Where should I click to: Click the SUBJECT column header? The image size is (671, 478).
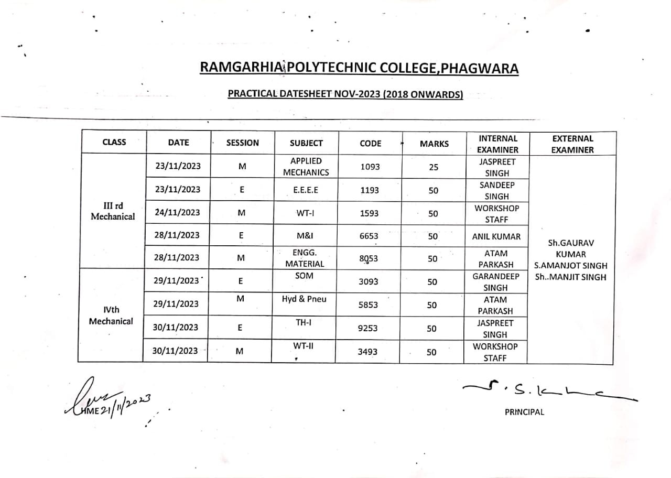[x=306, y=143]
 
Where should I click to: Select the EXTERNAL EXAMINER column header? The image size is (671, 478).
[x=572, y=144]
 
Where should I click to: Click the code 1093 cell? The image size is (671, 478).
[x=370, y=167]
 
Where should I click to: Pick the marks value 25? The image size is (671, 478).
[x=433, y=167]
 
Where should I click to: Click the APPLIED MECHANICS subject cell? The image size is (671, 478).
[x=306, y=167]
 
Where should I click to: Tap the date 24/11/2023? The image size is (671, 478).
[x=177, y=212]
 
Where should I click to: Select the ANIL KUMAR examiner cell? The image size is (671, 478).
[x=496, y=236]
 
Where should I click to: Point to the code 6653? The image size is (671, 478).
[x=369, y=236]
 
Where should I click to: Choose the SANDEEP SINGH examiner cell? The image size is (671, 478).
[x=496, y=191]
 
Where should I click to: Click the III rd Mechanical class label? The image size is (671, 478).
[x=113, y=211]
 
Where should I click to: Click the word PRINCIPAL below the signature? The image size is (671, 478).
[x=524, y=412]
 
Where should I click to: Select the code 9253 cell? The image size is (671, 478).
[x=367, y=329]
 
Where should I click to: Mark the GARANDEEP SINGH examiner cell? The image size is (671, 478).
[x=495, y=282]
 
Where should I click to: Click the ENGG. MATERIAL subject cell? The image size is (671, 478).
[x=305, y=258]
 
